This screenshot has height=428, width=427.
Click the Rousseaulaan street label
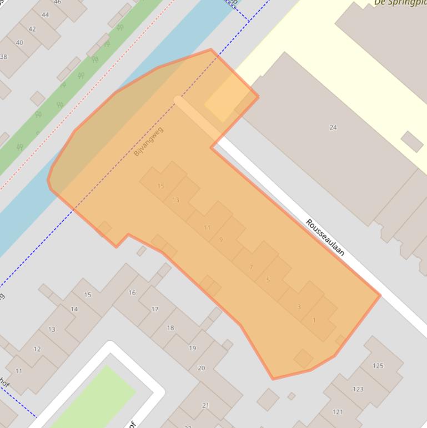[x=325, y=237]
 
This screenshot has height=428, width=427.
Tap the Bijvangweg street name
[x=149, y=141]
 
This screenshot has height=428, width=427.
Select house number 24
[x=333, y=127]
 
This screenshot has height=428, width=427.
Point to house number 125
[x=378, y=365]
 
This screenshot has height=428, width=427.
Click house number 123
[x=358, y=389]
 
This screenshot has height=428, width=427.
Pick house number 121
[x=338, y=412]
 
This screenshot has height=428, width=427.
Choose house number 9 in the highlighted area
[x=221, y=240]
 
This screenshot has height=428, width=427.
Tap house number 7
[x=251, y=267]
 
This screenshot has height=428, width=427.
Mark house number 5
[x=268, y=280]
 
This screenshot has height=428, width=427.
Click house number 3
[x=299, y=307]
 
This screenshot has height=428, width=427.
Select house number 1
[x=314, y=320]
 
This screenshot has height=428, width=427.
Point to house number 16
[x=132, y=292]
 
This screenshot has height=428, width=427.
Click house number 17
[x=155, y=309]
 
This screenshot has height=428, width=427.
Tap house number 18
[x=170, y=328]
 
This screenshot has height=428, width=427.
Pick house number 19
[x=193, y=348]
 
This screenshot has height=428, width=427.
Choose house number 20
[x=202, y=368]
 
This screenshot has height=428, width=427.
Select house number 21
[x=205, y=406]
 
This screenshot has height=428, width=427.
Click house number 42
[x=32, y=29]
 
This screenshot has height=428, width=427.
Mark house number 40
[x=20, y=43]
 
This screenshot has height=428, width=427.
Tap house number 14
[x=74, y=309]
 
